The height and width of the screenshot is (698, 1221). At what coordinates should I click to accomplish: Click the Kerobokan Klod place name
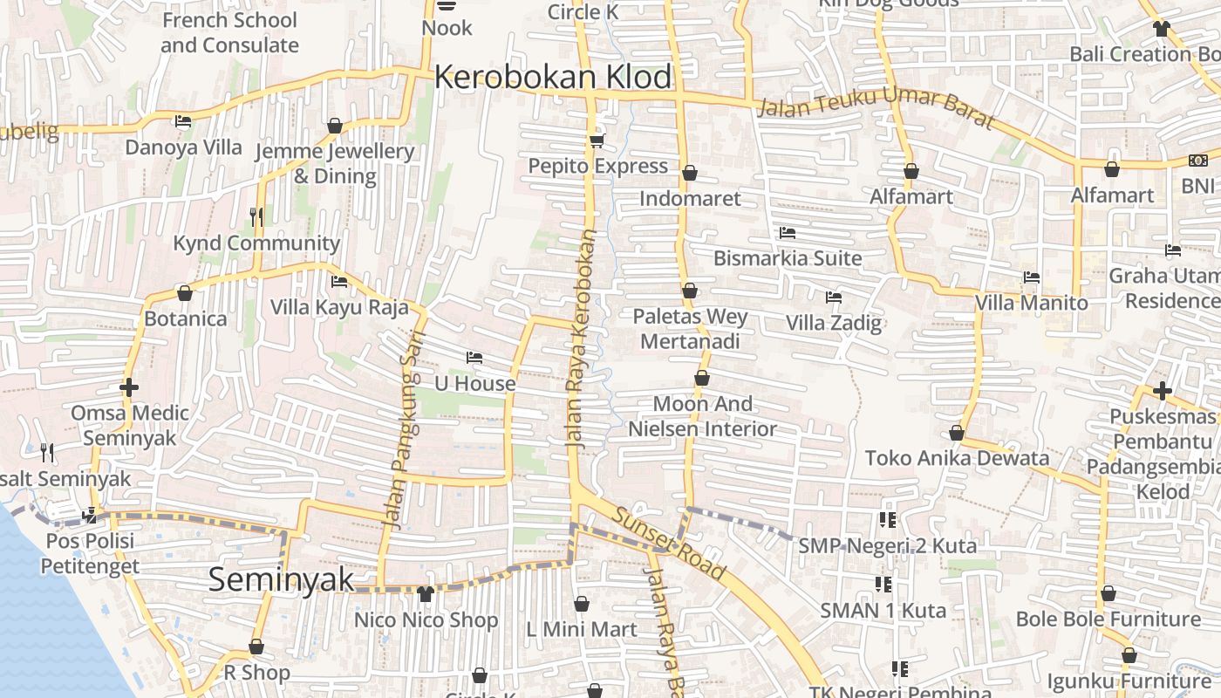[x=553, y=78]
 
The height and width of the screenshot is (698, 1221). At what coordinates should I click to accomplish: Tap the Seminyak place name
[x=281, y=580]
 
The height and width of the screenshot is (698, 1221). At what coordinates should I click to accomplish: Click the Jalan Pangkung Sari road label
[x=406, y=429]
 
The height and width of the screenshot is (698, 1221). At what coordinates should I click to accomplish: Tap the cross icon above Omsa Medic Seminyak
[x=129, y=387]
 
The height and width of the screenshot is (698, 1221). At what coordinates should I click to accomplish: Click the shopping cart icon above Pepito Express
[x=597, y=140]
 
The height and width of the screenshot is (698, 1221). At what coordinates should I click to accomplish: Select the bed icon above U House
[x=474, y=358]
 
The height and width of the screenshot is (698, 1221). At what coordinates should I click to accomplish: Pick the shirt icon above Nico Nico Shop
[x=425, y=594]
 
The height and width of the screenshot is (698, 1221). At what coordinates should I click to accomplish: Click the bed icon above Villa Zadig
[x=834, y=297]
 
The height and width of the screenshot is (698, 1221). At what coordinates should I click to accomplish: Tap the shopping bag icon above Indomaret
[x=690, y=173]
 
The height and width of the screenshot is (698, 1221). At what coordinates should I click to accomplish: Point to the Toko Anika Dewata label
[x=957, y=458]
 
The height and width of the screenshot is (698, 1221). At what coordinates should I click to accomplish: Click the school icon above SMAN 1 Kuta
[x=883, y=584]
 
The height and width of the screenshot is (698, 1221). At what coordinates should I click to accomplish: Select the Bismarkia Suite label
[x=787, y=258]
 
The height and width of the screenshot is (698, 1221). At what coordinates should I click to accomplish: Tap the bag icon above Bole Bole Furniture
[x=1108, y=594]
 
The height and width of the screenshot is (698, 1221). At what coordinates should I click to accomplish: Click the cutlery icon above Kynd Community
[x=256, y=216]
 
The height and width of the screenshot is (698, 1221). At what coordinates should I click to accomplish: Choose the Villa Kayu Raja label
[x=339, y=307]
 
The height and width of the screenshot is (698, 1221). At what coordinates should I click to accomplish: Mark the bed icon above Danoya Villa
[x=183, y=121]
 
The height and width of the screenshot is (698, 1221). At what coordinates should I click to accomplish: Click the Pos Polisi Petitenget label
[x=90, y=553]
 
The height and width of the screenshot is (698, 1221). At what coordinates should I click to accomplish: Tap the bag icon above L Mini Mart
[x=582, y=604]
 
